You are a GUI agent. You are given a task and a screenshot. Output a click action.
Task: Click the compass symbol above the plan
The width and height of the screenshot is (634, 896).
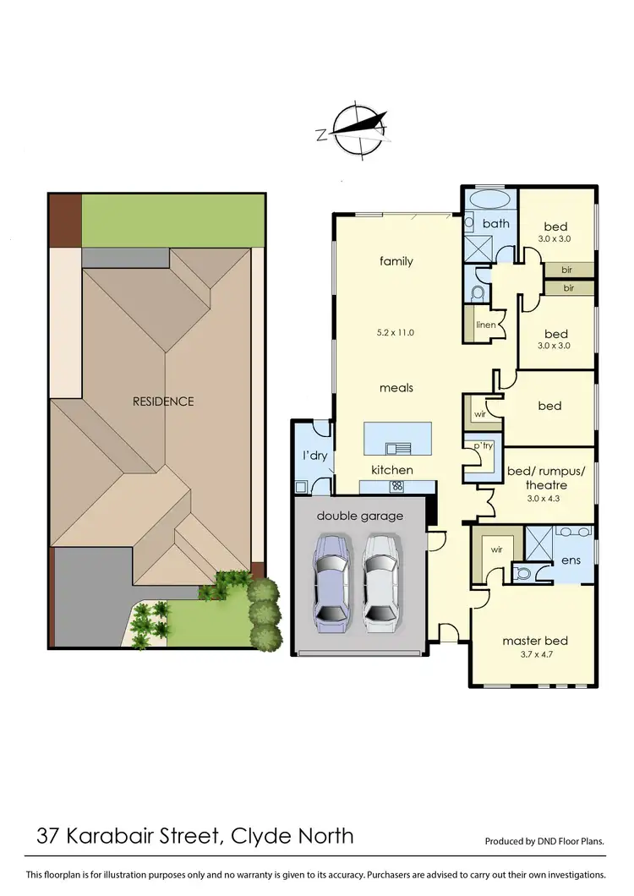356,130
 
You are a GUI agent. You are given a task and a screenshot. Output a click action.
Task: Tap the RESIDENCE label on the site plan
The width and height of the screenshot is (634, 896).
163,401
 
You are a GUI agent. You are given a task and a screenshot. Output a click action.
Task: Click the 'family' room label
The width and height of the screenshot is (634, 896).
396,261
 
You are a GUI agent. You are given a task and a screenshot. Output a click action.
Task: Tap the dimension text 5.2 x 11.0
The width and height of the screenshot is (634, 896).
396,332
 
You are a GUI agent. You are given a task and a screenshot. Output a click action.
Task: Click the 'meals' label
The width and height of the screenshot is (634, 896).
396,387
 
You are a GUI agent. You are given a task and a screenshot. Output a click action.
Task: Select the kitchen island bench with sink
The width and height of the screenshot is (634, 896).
396,439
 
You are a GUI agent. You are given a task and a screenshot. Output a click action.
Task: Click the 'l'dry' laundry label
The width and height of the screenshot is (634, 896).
315,456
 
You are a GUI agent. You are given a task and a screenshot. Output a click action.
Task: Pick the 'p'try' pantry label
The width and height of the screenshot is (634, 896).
483,445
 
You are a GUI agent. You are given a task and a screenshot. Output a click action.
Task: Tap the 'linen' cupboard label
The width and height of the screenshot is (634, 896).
485,325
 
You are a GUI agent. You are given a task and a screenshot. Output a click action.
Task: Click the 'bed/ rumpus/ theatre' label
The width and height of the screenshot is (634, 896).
537,478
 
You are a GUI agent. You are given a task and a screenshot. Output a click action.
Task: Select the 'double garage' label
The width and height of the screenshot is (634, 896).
360,516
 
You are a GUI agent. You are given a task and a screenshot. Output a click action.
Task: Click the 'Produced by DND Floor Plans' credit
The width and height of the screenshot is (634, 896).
544,841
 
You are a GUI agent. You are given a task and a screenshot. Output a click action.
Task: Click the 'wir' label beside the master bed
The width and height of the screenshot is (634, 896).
497,549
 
